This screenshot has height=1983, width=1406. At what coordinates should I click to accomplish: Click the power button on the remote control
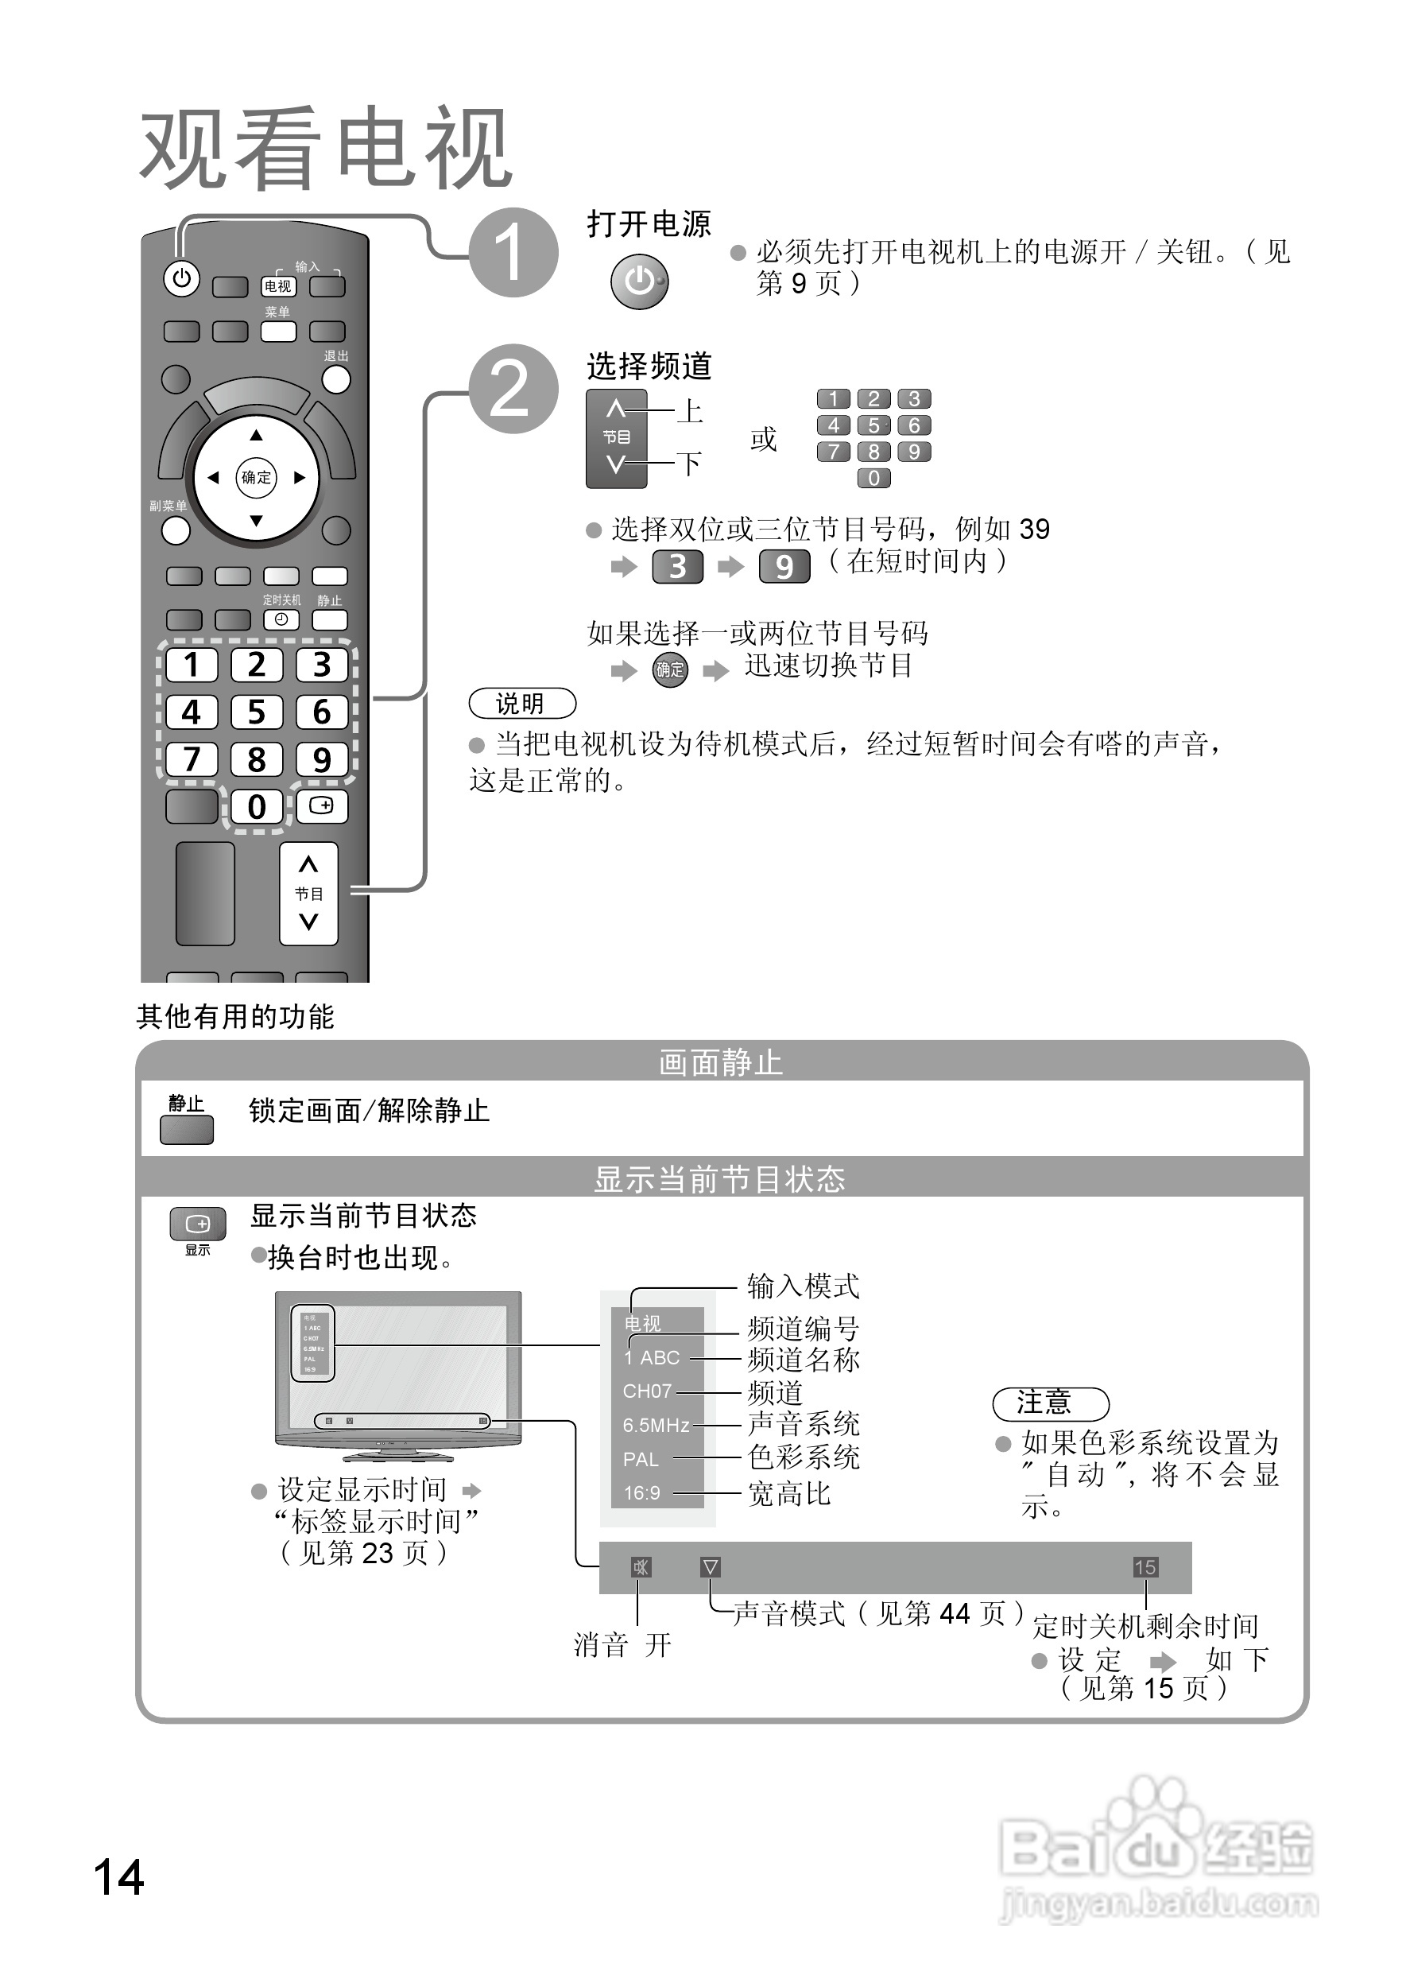pyautogui.click(x=181, y=279)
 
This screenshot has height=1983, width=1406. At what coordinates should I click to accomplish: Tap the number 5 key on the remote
pyautogui.click(x=256, y=712)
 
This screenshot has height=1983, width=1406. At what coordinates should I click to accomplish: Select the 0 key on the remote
pyautogui.click(x=256, y=806)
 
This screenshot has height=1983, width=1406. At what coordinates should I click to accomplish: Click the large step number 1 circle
pyautogui.click(x=513, y=253)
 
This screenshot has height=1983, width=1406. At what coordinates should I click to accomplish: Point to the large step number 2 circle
pyautogui.click(x=513, y=389)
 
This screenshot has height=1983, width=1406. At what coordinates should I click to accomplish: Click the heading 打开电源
pyautogui.click(x=649, y=224)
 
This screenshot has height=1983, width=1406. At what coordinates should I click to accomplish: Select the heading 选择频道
pyautogui.click(x=649, y=367)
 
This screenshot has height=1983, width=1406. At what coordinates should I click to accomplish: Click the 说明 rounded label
pyautogui.click(x=521, y=703)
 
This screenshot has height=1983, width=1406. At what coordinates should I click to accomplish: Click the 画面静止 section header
pyautogui.click(x=720, y=1062)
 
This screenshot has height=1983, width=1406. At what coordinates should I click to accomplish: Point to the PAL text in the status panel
pyautogui.click(x=641, y=1459)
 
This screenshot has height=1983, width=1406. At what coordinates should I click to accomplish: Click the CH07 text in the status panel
pyautogui.click(x=647, y=1391)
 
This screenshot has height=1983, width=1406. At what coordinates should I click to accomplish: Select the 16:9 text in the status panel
pyautogui.click(x=641, y=1493)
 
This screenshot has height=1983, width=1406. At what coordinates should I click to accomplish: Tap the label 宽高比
pyautogui.click(x=788, y=1493)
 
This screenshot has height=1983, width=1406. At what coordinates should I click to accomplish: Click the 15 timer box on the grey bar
pyautogui.click(x=1145, y=1567)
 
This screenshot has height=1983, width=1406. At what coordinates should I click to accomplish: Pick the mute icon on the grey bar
pyautogui.click(x=641, y=1567)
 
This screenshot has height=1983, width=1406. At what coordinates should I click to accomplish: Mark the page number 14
pyautogui.click(x=118, y=1877)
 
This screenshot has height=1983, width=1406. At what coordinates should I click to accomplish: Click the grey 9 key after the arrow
pyautogui.click(x=784, y=566)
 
